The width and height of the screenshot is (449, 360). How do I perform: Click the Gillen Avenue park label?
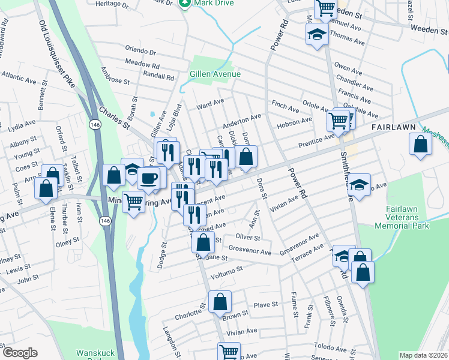(x=215, y=74)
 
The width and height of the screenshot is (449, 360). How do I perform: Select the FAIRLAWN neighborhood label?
(x=393, y=128)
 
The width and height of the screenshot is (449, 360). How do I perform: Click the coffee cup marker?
(x=149, y=178)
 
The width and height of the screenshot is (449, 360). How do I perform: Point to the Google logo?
(x=20, y=353)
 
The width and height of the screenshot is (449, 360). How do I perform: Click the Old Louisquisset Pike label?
(x=58, y=54)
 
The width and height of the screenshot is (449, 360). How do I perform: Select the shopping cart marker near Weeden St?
(x=325, y=8)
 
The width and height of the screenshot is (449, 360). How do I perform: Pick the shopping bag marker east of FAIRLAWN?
(x=421, y=144)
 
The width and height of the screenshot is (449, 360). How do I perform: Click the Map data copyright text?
(x=423, y=355)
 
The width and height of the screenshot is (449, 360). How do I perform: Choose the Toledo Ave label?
(x=331, y=346)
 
